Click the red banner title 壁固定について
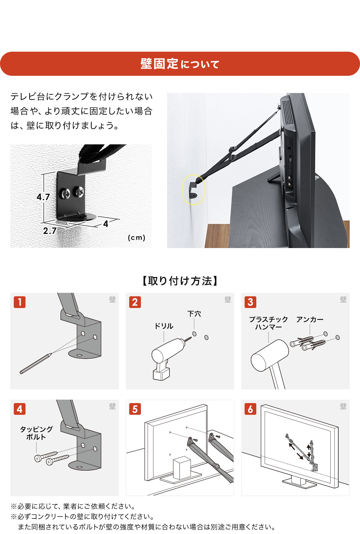point(180,64)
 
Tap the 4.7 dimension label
point(43,197)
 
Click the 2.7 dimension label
point(50,230)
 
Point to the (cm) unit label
point(136,237)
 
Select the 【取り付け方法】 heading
point(180,281)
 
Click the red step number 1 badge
point(20,302)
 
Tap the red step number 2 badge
point(135,302)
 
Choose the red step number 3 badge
point(250,302)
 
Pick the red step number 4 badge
point(20,409)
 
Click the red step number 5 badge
point(135,409)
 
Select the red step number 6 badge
point(250,409)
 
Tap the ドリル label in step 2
point(164,326)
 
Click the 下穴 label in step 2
point(194,314)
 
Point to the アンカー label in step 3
point(310,319)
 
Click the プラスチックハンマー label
point(268,323)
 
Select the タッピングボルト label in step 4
point(36,433)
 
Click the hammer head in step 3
point(270,356)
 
